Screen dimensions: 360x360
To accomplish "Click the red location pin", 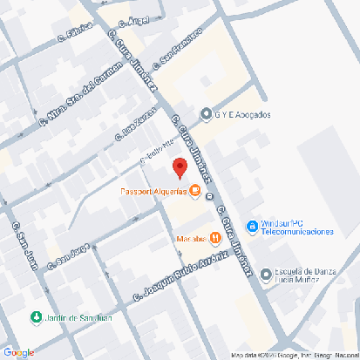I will coord(180,168).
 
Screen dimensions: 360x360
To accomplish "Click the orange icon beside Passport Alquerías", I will coord(194,191).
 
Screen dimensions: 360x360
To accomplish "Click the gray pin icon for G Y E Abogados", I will coord(207,114).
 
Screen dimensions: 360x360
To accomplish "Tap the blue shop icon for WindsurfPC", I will coord(252,227).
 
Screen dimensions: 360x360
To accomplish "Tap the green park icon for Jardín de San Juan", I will coord(36,317).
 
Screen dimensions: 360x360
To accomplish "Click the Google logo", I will coord(18,352).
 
